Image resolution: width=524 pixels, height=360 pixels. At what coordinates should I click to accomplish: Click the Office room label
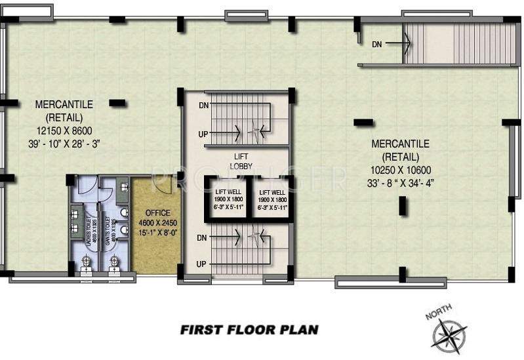click(x=154, y=213)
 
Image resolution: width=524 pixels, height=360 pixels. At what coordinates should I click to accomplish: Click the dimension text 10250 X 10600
click(x=400, y=169)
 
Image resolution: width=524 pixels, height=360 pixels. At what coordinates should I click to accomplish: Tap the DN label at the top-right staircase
click(x=377, y=44)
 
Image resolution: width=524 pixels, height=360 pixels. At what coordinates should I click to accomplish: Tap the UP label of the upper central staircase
click(x=203, y=134)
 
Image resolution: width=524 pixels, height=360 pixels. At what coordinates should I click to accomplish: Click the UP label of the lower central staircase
click(x=203, y=263)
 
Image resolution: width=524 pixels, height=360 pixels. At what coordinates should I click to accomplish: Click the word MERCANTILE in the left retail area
click(x=64, y=104)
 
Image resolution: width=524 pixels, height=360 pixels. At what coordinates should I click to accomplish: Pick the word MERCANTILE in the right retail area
click(x=400, y=143)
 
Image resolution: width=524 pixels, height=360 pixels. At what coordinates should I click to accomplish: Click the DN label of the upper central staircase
click(x=203, y=105)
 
